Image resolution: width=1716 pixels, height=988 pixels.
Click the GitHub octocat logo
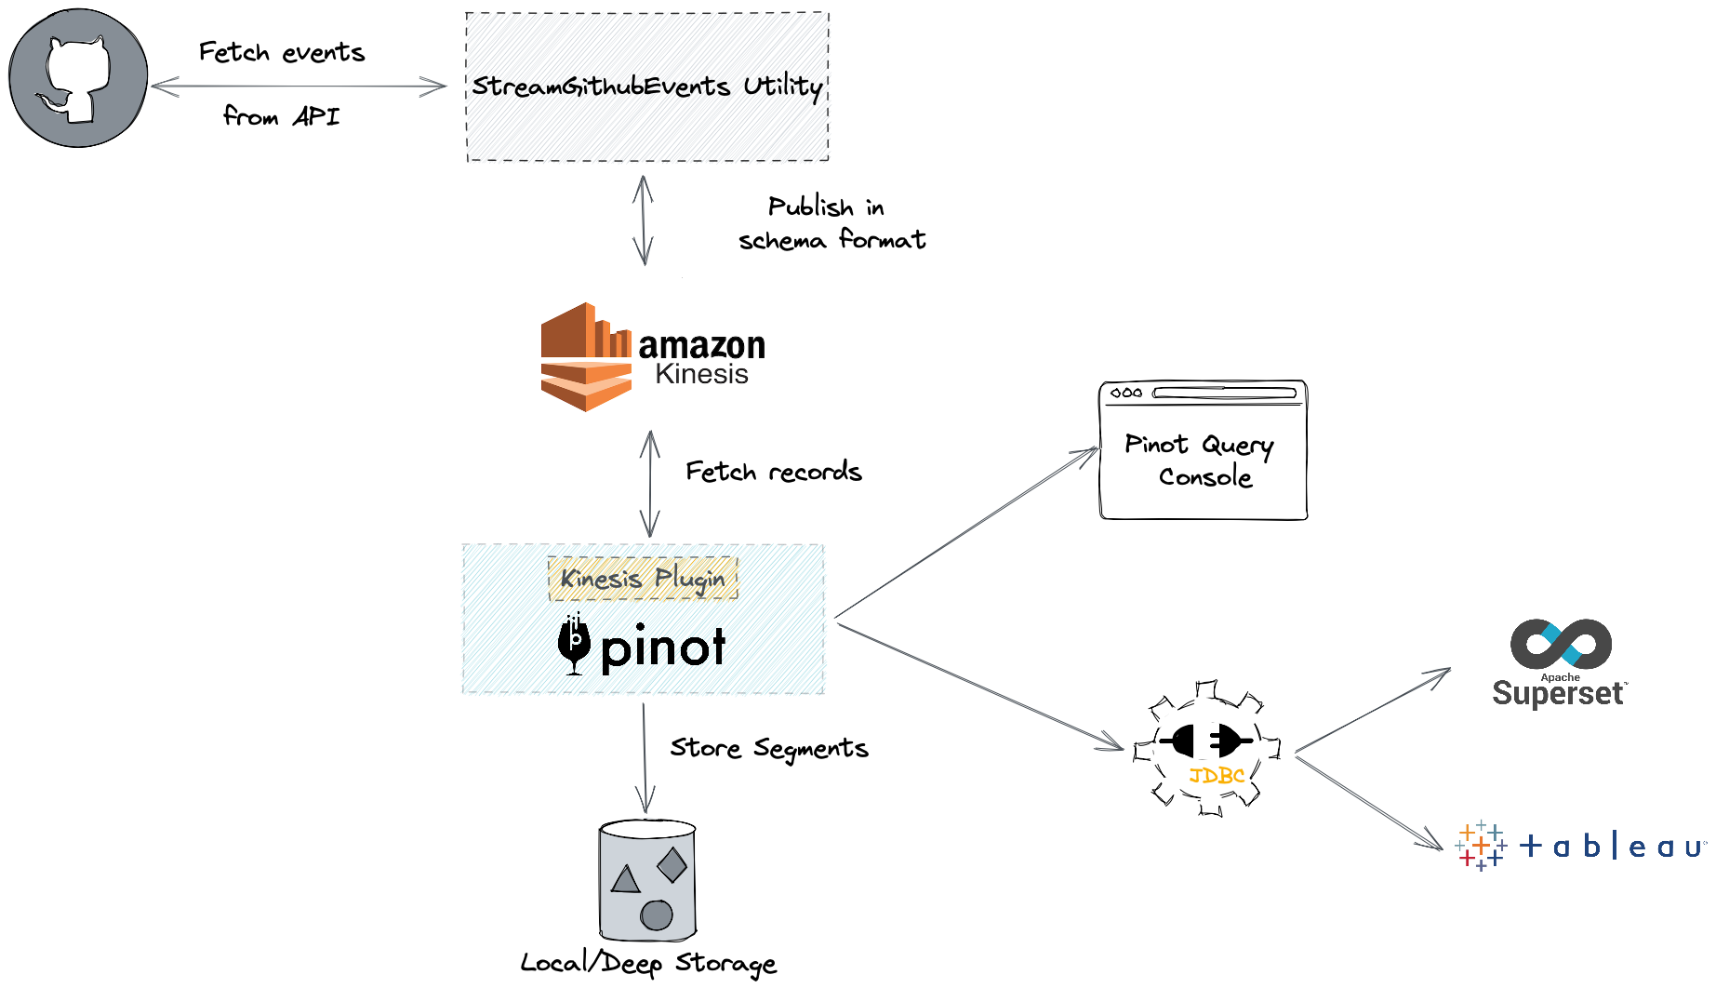coord(77,78)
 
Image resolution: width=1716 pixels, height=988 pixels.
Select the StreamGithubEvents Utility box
coord(647,87)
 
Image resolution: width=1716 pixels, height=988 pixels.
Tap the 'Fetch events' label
coord(282,52)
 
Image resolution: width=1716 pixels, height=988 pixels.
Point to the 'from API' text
coord(282,116)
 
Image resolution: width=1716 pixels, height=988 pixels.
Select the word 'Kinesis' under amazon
coord(701,374)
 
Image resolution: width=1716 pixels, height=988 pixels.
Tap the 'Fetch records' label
coord(773,472)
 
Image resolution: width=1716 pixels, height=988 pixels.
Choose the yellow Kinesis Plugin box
coord(643,578)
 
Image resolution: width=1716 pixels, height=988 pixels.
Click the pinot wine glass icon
coord(574,645)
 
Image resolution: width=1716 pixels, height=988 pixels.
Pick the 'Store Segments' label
coord(768,748)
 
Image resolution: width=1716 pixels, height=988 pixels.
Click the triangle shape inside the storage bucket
coord(625,879)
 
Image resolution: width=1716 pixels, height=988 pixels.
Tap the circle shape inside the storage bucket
coord(657,915)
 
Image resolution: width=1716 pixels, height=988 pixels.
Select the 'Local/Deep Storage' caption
coord(647,963)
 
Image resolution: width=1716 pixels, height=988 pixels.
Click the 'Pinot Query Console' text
coord(1201,460)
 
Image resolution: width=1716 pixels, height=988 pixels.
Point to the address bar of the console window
coord(1224,393)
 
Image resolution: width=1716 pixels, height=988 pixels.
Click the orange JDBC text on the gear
coord(1217,775)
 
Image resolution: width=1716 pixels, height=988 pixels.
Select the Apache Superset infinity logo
coord(1561,644)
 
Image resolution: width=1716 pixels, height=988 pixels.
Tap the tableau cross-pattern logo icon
coord(1481,846)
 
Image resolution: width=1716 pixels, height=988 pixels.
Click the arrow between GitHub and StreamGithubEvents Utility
coord(298,87)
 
